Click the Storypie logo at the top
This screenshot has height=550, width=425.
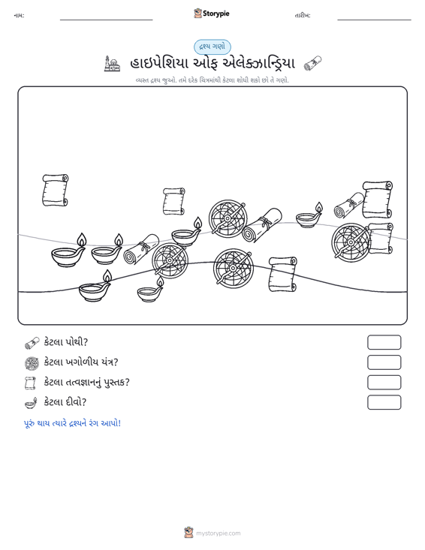[212, 14]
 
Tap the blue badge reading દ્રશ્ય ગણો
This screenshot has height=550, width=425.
[212, 47]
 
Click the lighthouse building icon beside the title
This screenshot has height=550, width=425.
[112, 64]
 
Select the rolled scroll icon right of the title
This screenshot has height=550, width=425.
[312, 64]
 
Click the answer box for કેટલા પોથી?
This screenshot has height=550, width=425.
[384, 342]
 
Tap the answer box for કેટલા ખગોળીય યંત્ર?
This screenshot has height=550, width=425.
[384, 362]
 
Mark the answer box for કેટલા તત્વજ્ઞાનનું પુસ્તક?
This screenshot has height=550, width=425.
[384, 383]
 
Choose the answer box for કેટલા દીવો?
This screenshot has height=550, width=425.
[384, 402]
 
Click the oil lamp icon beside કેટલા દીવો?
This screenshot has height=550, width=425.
[31, 403]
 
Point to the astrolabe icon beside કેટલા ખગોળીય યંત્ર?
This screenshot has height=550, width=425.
[32, 362]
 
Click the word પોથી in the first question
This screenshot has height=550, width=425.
[76, 341]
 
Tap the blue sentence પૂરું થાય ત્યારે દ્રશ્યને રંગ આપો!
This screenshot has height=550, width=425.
[72, 423]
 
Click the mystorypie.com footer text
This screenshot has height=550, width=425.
[218, 533]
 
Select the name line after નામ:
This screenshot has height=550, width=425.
[107, 20]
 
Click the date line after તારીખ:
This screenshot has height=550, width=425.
[374, 20]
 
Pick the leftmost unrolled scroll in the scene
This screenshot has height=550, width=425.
[55, 190]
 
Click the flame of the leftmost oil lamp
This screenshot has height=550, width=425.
[81, 240]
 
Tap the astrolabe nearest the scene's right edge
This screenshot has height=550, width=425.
[351, 242]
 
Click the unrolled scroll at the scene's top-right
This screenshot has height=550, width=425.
[377, 200]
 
